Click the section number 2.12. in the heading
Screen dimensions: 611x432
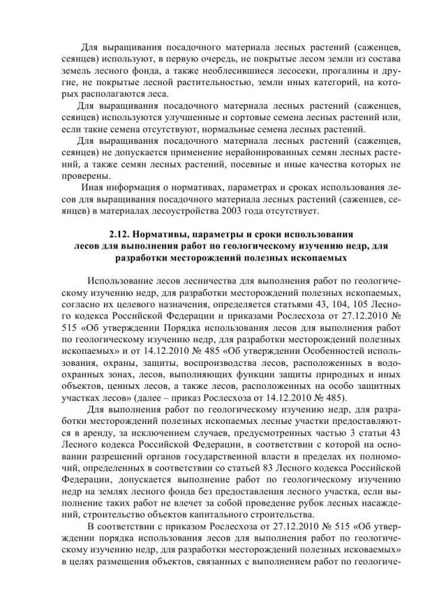[x=120, y=234]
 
